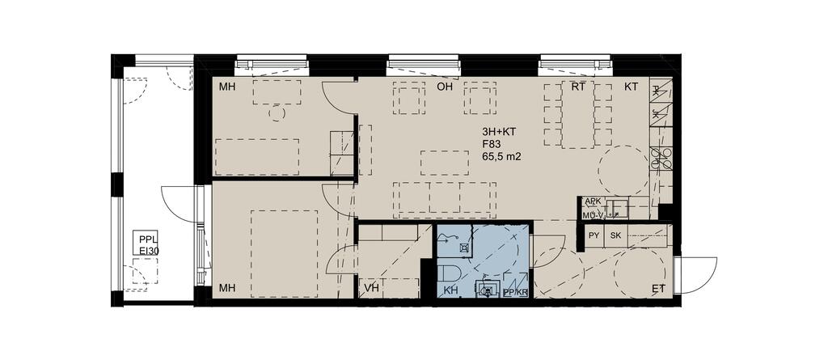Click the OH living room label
pos(446,87)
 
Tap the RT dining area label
pos(578,87)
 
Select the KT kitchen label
pos(631,87)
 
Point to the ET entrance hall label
pos(658,288)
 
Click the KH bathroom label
pos(450,290)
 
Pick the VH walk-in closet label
pos(372,288)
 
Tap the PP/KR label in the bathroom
pos(516,291)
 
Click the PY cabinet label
pos(594,235)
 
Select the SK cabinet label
pos(615,235)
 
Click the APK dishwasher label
pos(591,201)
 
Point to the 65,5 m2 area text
pos(498,156)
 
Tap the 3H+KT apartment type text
pos(497,131)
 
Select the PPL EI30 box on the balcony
pos(146,244)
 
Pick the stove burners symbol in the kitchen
pos(661,158)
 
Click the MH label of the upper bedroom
pos(227,87)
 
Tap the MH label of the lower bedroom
pos(227,288)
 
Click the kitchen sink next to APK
pos(616,207)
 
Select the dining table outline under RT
pos(578,114)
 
